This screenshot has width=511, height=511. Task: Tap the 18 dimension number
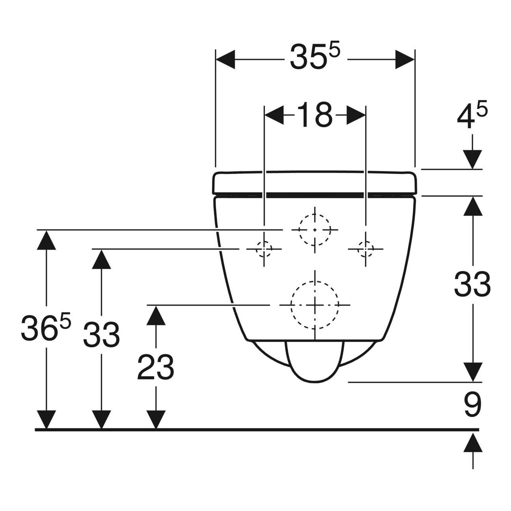314,114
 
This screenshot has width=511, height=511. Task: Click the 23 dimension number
156,368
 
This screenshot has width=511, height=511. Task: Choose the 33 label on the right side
472,284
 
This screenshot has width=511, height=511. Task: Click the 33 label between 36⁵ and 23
101,335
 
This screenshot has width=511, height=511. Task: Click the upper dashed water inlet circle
299,230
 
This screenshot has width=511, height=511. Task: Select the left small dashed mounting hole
256,249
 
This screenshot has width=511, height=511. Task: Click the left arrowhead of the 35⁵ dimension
225,59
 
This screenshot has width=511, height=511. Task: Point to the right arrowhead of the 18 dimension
356,115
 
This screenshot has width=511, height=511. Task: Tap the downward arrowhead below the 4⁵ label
472,159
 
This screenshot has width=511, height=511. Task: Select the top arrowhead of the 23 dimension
156,315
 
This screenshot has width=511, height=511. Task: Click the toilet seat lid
314,183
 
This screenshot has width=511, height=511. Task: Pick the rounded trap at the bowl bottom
314,362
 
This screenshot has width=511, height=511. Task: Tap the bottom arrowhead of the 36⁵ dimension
46,419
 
